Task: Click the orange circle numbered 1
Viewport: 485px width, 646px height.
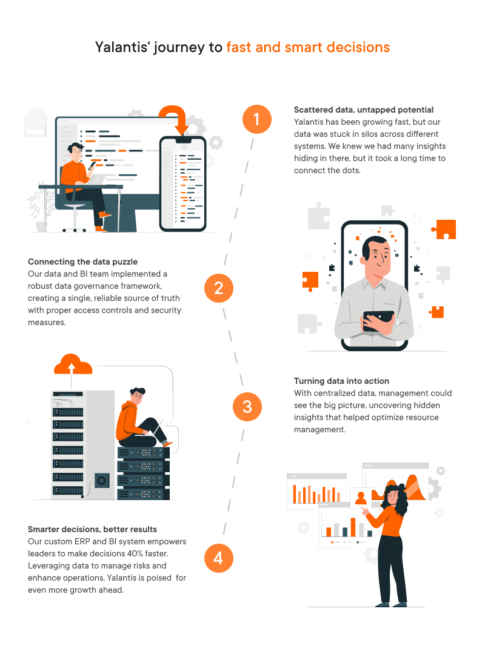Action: pos(256,119)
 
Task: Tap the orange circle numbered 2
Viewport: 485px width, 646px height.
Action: pos(219,288)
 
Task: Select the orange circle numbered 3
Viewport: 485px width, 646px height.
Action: pos(247,407)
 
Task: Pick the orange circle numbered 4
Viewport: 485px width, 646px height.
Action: pos(219,558)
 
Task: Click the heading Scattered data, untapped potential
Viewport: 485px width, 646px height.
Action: pos(363,110)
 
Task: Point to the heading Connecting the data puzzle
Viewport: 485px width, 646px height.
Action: pos(82,262)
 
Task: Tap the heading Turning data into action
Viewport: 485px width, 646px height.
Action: pos(341,381)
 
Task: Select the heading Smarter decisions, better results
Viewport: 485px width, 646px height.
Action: pos(92,529)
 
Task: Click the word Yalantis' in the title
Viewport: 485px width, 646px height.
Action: pos(122,47)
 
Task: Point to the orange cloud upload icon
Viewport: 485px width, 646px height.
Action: pos(73,364)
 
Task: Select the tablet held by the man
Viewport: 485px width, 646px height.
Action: pos(378,320)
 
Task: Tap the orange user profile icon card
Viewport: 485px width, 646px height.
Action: pos(361,498)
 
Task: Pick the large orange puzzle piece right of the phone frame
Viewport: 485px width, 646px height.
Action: pos(444,229)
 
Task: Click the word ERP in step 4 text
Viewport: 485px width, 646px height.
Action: pos(82,542)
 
